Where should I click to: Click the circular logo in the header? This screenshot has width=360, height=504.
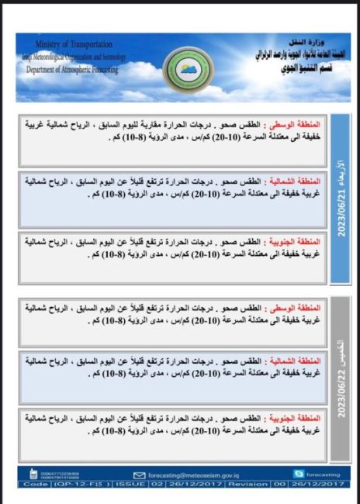[x=189, y=70]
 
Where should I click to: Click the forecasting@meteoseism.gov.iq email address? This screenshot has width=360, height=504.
[x=191, y=475]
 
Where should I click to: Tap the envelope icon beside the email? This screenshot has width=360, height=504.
[x=140, y=475]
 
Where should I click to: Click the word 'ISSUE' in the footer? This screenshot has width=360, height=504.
[x=129, y=484]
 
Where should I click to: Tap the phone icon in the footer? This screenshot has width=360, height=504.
[x=33, y=474]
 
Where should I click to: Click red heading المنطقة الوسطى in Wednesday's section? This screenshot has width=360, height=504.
[x=296, y=124]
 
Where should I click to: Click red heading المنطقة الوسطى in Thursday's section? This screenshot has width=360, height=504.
[x=296, y=309]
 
